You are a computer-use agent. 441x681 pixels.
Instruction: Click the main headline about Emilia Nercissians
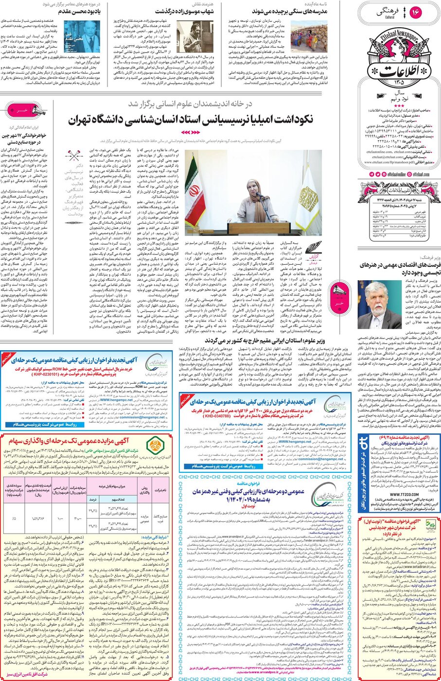point(191,120)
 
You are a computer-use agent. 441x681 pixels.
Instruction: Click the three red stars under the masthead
point(399,106)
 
